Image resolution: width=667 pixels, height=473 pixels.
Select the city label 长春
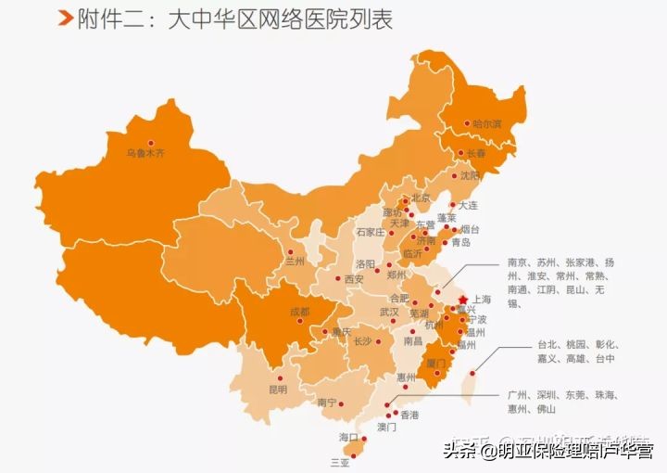(475, 152)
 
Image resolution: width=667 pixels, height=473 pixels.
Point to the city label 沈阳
(471, 175)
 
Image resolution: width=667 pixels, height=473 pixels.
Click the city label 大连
(470, 205)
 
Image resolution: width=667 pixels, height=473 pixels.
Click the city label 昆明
(278, 389)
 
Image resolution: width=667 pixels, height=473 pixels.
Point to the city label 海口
(348, 436)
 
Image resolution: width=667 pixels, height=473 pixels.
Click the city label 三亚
(341, 461)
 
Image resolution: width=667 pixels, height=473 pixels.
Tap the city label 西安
(354, 278)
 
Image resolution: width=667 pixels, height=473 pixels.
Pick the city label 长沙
(362, 340)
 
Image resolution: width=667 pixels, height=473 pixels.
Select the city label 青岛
(460, 242)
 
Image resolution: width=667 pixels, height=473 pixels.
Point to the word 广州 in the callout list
(519, 394)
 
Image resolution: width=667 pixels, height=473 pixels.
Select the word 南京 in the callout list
(519, 262)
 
